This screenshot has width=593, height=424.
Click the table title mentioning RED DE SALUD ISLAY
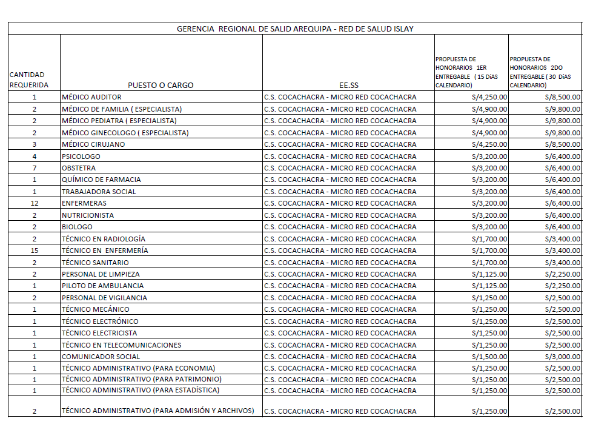295,29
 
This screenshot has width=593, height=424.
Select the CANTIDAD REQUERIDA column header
28,80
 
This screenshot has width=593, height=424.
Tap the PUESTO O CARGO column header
161,86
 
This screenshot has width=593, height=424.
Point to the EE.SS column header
348,86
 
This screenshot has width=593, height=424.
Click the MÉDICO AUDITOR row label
91,97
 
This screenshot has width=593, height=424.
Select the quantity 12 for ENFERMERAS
35,203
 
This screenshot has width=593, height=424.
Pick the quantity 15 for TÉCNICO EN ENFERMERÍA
35,251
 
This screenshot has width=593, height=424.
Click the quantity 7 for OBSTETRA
35,168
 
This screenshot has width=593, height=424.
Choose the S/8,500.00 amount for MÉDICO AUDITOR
562,97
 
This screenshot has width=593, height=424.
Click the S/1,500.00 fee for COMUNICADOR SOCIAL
489,357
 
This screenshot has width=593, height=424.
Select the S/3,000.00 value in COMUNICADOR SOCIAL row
562,357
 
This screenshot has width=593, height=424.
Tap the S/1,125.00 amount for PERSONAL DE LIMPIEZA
489,274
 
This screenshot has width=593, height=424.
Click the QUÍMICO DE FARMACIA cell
101,180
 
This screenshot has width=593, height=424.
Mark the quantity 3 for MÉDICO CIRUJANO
35,144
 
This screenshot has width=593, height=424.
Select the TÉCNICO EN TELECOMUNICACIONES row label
121,345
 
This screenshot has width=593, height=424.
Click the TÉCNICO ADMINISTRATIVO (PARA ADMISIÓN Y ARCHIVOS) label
158,411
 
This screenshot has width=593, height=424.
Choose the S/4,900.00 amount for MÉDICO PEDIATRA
489,121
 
